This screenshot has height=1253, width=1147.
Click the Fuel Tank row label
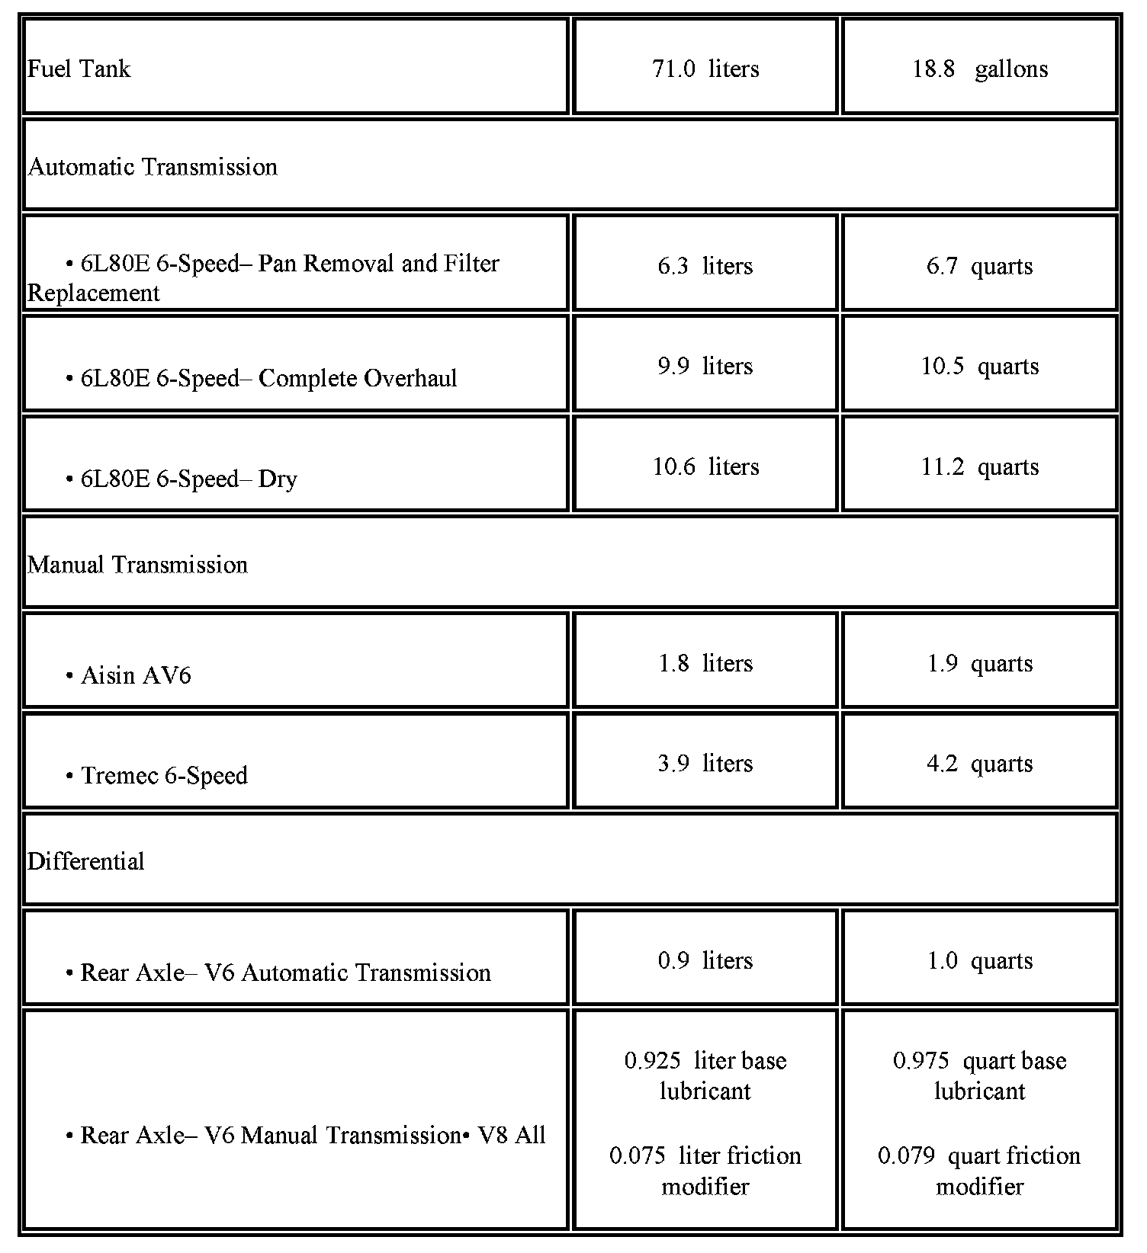click(79, 69)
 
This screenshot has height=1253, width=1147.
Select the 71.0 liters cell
click(705, 69)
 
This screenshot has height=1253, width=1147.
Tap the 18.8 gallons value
click(979, 69)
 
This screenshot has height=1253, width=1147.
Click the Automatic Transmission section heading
click(153, 167)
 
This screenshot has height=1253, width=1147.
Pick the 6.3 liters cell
click(705, 266)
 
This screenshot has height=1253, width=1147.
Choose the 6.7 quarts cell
click(979, 266)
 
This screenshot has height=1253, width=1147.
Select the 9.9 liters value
click(705, 367)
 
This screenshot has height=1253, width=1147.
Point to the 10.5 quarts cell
click(979, 367)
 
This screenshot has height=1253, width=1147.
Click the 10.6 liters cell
click(705, 466)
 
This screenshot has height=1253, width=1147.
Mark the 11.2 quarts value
click(979, 466)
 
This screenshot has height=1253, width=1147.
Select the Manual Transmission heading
click(138, 565)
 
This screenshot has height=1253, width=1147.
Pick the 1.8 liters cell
click(705, 663)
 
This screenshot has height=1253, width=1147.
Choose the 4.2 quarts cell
click(979, 764)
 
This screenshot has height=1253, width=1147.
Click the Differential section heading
click(86, 862)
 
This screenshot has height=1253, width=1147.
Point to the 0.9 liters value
click(705, 960)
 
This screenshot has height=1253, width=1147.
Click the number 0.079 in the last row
click(906, 1156)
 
